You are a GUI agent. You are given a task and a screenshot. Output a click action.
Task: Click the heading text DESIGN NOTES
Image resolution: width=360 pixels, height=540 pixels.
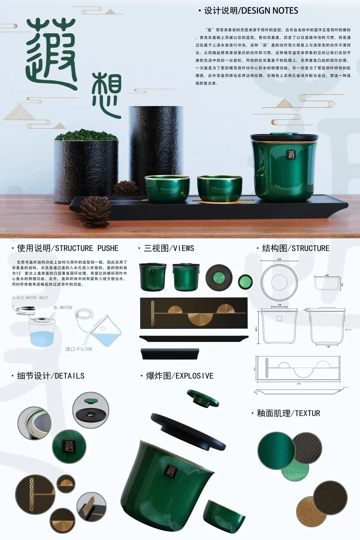pos(269,11)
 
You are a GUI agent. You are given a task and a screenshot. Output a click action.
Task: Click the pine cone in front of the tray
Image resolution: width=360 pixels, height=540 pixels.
pos(95,211)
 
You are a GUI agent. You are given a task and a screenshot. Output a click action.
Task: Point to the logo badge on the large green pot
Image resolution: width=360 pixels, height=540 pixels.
pos(291,154)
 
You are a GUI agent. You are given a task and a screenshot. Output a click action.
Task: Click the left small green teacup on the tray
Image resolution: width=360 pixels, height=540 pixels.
pos(167,188)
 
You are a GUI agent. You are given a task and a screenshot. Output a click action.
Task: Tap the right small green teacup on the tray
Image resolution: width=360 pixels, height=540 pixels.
pos(220,189)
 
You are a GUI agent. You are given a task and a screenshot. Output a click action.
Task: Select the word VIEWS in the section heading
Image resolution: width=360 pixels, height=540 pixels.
pos(183,248)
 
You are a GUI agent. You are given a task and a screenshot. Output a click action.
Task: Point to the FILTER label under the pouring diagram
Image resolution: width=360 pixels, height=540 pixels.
pos(85,349)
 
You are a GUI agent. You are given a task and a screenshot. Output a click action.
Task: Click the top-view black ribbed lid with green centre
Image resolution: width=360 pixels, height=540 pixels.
pos(219,278)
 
